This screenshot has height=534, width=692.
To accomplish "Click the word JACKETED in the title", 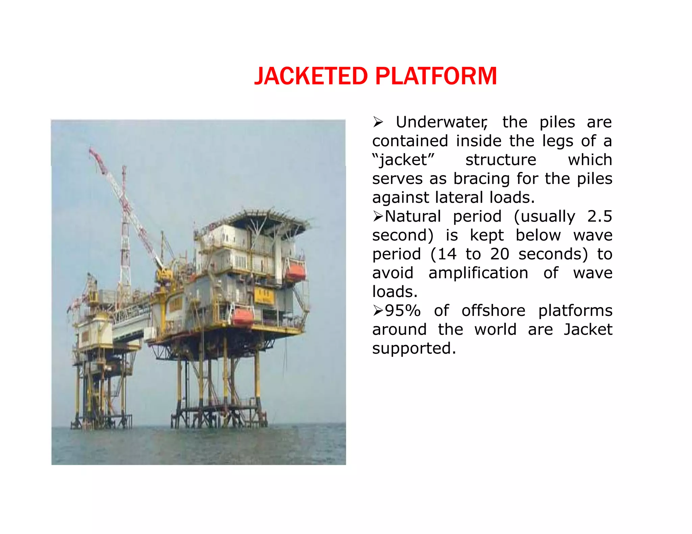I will point(311,76).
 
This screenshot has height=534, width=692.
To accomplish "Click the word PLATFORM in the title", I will point(436,76).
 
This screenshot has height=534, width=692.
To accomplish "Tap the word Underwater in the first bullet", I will point(441,122).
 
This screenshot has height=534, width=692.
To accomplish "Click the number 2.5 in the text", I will point(599,216).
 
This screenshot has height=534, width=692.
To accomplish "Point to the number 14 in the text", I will point(447,254).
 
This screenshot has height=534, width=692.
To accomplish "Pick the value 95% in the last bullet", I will point(403,311).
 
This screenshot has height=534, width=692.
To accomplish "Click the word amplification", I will point(478,273).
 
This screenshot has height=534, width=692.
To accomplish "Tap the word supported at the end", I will point(414,348).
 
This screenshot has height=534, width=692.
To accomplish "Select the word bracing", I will point(481,179).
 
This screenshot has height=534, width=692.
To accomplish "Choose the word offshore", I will point(493,311).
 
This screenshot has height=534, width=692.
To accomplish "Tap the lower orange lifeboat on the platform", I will point(243,316).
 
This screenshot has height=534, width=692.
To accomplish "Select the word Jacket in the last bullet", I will point(588,329).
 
